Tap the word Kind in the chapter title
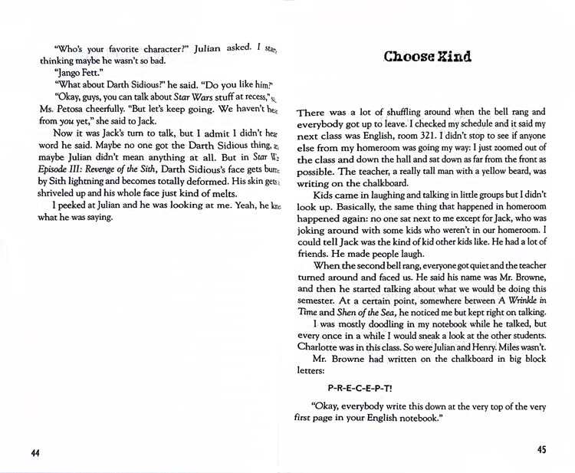tap(449, 57)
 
